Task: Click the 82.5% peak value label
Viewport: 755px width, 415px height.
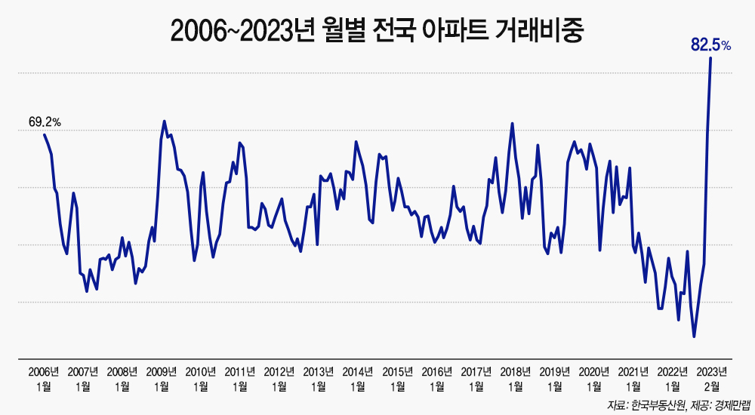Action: click(710, 45)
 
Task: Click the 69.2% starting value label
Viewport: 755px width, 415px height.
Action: click(45, 121)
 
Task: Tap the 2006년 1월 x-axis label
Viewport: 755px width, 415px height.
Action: click(44, 379)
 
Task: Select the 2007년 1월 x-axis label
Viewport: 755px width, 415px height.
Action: click(83, 379)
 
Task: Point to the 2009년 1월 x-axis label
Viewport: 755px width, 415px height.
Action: click(162, 379)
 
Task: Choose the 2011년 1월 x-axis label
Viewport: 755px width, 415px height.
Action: click(240, 379)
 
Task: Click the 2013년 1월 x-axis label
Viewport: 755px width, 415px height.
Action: click(319, 379)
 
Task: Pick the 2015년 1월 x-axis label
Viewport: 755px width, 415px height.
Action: click(397, 379)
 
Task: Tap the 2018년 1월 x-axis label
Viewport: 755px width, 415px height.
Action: click(516, 379)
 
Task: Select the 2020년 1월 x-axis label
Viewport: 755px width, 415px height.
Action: click(594, 379)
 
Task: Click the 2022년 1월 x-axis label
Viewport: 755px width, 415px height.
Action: click(673, 379)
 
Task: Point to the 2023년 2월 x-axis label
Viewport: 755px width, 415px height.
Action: click(712, 379)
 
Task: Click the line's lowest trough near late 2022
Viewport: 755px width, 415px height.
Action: click(694, 337)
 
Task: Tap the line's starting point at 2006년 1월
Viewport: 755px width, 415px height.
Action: click(45, 134)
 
